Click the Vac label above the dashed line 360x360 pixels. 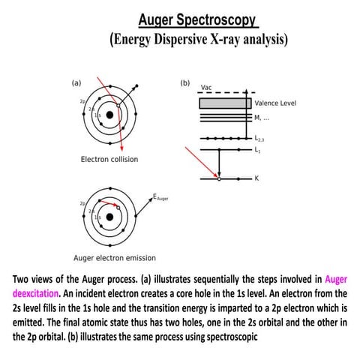(206, 88)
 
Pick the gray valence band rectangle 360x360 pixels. (224, 103)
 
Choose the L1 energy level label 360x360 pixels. (259, 151)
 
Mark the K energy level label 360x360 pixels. (256, 179)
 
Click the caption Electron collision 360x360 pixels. (109, 160)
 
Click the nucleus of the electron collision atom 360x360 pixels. (110, 115)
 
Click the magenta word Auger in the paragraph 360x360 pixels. (337, 280)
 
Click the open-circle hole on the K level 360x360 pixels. (218, 179)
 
